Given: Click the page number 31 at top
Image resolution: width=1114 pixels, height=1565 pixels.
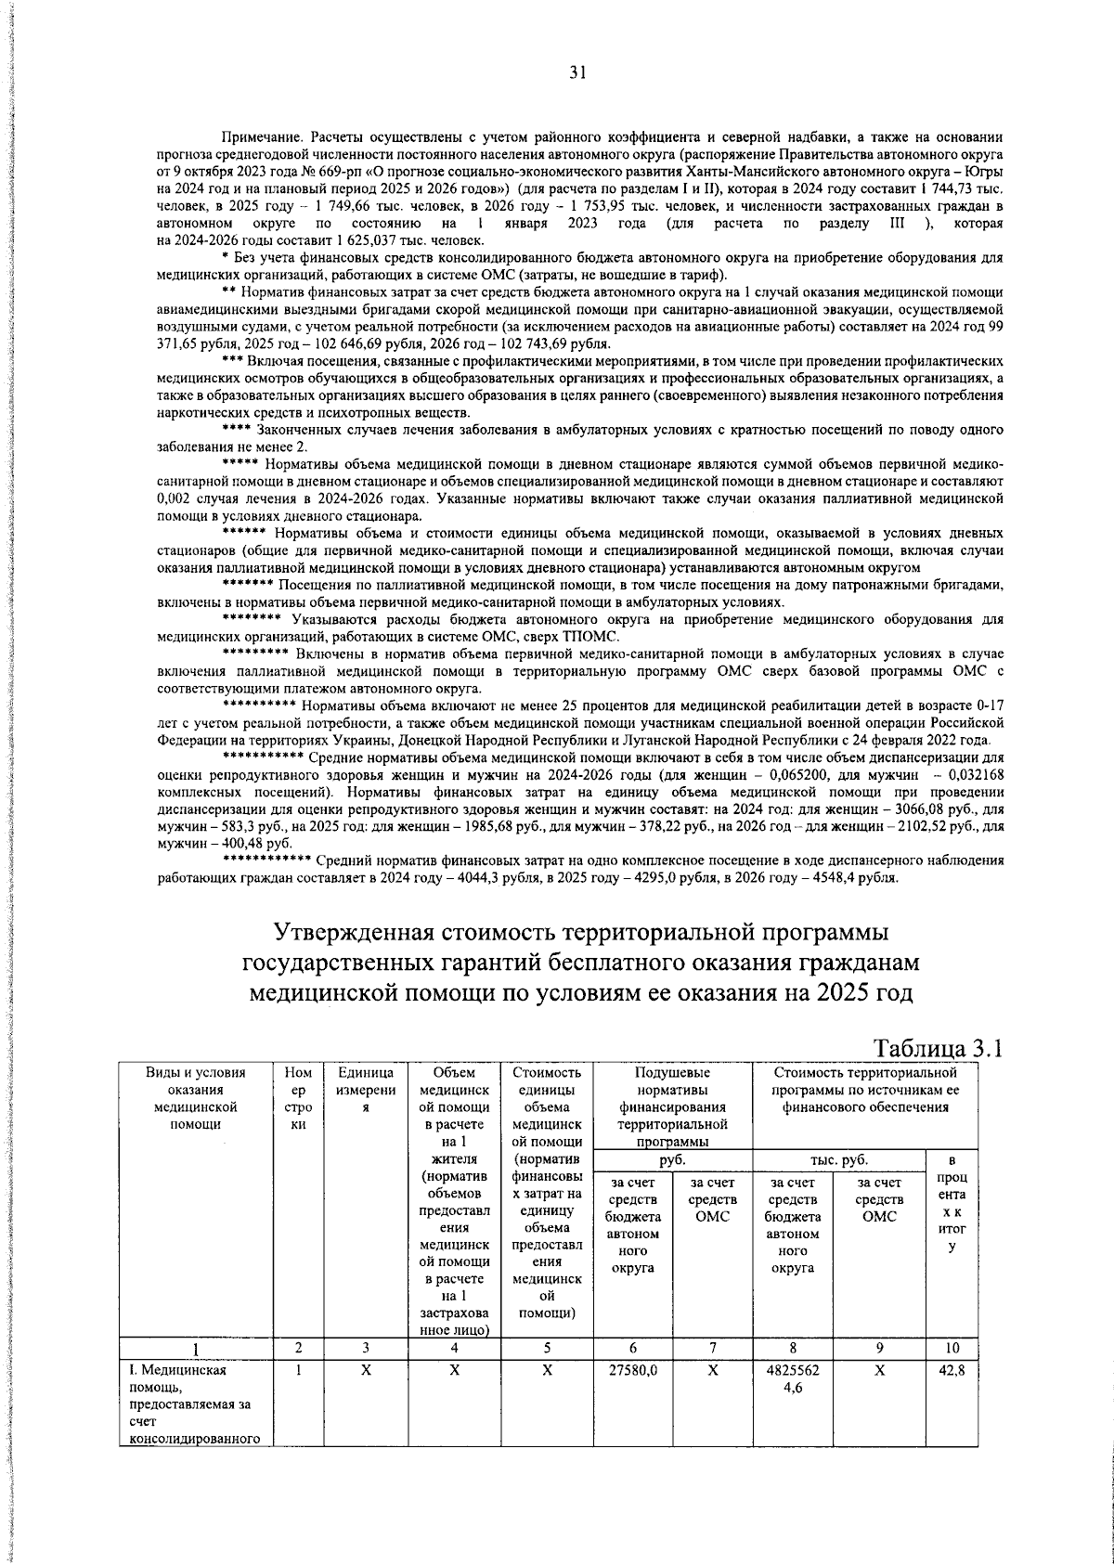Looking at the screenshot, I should (x=576, y=73).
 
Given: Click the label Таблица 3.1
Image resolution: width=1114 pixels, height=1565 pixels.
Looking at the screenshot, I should (x=939, y=1048).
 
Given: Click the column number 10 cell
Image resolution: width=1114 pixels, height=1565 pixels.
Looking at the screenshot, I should (x=952, y=1348).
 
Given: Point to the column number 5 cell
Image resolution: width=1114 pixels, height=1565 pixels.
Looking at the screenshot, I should (x=546, y=1348).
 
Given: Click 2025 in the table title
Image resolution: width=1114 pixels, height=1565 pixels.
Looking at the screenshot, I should (x=843, y=992).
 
